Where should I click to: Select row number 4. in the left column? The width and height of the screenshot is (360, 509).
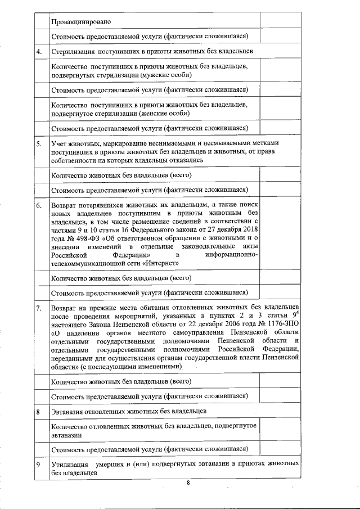pyautogui.click(x=39, y=52)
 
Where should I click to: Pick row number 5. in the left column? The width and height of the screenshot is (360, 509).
pyautogui.click(x=39, y=144)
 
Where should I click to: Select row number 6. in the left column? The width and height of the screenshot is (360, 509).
pyautogui.click(x=39, y=206)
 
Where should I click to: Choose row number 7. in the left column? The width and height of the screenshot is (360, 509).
pyautogui.click(x=39, y=309)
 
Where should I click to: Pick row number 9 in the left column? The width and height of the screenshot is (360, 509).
pyautogui.click(x=38, y=465)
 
